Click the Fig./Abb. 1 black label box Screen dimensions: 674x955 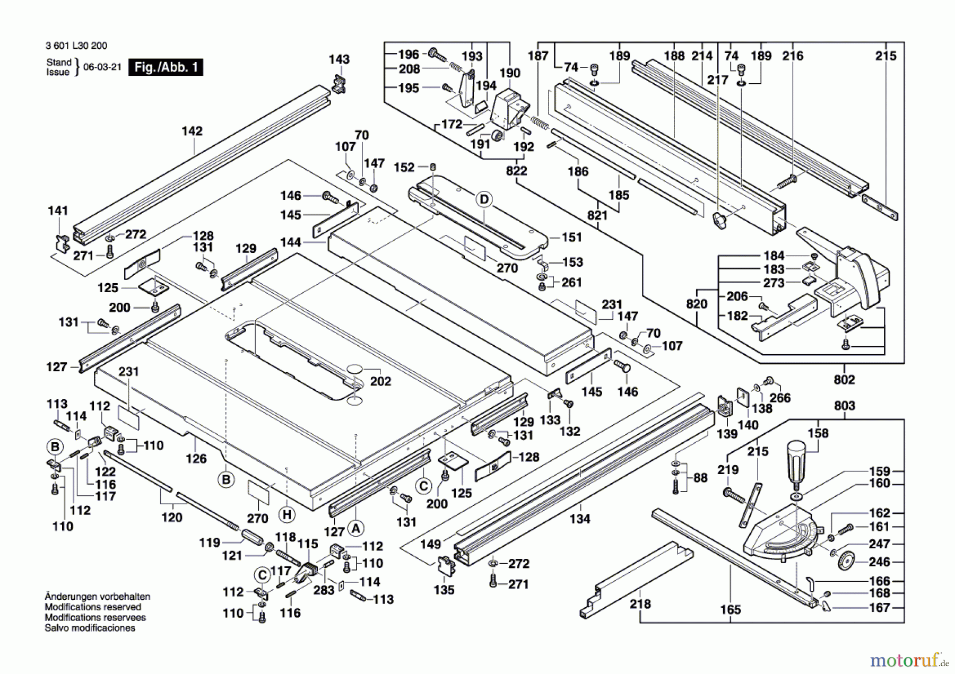[x=166, y=67]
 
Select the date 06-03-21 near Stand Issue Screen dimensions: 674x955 [x=102, y=67]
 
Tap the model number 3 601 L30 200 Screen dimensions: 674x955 [x=76, y=46]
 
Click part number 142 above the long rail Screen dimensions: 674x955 [x=192, y=131]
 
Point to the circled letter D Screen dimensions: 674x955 [x=484, y=199]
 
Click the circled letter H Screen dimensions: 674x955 [x=287, y=514]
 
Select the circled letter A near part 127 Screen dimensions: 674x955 [x=356, y=528]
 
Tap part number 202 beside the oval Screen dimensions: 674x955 [x=380, y=381]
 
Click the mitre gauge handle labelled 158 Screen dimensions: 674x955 [x=796, y=459]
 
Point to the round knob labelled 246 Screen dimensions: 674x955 [x=846, y=561]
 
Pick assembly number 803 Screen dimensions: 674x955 [x=844, y=406]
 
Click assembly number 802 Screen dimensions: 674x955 [x=844, y=380]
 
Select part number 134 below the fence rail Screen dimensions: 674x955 [x=580, y=519]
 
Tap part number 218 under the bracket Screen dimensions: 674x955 [x=640, y=603]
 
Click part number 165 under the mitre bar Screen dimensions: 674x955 [x=730, y=610]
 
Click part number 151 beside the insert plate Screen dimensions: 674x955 [x=571, y=237]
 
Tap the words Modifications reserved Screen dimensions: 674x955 [x=93, y=607]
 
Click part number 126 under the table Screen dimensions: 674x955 [x=196, y=458]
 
